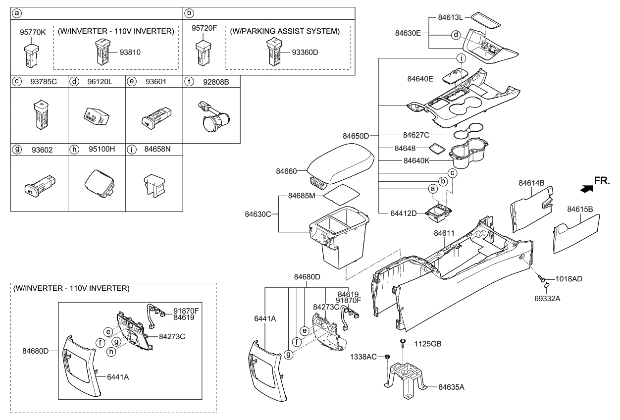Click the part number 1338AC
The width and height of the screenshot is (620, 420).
pos(363,357)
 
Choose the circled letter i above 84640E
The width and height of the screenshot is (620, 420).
pos(461,58)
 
